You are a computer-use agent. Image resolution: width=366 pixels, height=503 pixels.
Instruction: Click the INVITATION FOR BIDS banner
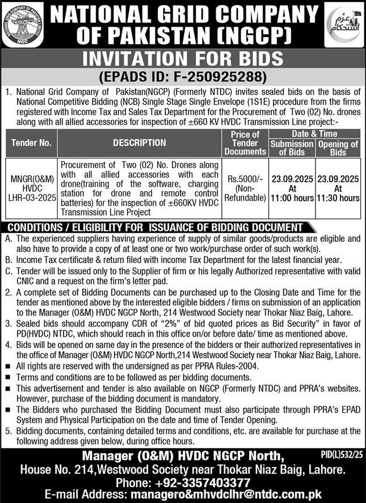click(183, 60)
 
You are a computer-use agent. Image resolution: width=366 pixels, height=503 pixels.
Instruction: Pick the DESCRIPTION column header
click(139, 143)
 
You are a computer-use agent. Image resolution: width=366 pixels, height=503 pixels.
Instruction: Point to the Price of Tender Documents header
click(245, 143)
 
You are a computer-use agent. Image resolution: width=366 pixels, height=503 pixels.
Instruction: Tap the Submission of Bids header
click(291, 148)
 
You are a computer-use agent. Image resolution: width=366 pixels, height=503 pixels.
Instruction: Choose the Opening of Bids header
click(338, 148)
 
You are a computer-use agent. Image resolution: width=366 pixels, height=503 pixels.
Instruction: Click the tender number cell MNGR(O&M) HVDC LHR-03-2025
click(32, 188)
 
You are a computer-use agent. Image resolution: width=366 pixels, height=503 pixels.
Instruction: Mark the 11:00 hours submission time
click(291, 198)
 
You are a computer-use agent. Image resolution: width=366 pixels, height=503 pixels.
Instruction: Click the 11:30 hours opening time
click(338, 198)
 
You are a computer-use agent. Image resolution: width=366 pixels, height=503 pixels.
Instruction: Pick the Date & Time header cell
click(314, 134)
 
